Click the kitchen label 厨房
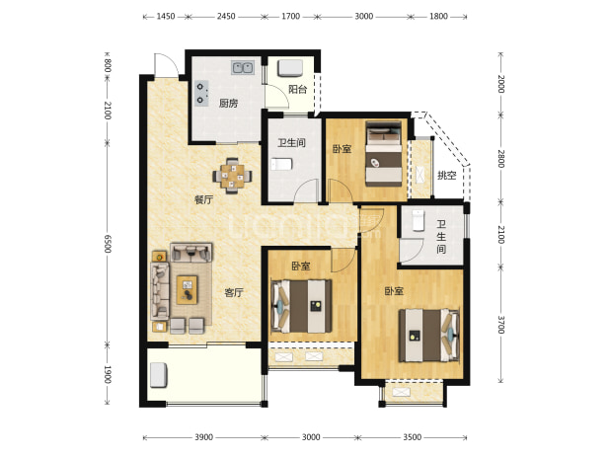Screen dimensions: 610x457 228,104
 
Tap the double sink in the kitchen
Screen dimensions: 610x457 243,68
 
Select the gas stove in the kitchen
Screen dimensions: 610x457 201,94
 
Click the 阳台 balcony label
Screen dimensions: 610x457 298,90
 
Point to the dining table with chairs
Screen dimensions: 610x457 232,176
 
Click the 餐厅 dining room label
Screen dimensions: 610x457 204,200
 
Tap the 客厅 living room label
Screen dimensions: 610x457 234,292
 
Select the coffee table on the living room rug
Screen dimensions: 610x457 188,290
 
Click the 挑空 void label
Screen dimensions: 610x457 446,176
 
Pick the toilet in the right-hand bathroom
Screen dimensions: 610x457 418,220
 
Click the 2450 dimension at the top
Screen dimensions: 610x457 226,17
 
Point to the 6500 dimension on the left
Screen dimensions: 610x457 108,244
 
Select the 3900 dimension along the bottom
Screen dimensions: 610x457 204,437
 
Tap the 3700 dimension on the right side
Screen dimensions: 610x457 501,325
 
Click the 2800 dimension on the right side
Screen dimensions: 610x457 501,159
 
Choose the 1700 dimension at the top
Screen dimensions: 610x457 290,17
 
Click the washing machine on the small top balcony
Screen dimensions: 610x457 290,68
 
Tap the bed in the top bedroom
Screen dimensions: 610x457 384,154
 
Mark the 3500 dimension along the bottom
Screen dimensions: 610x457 412,437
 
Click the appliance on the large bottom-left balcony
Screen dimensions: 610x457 159,375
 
